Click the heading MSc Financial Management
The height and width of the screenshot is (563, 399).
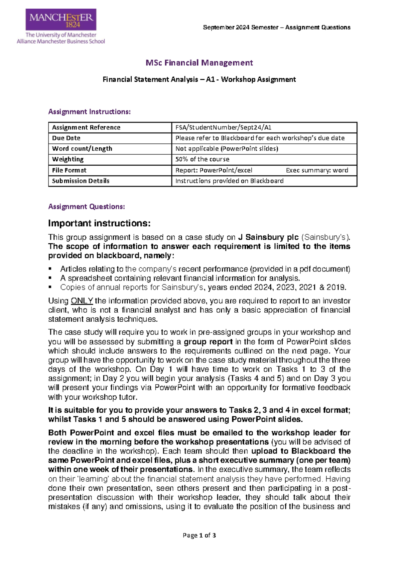click(x=199, y=63)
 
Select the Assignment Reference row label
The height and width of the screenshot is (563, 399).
click(x=86, y=127)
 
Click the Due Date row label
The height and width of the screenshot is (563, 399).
click(x=66, y=138)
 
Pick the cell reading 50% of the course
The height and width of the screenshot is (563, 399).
click(x=202, y=159)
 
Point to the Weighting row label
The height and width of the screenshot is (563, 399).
click(x=68, y=159)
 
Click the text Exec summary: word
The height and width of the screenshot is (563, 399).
click(x=317, y=170)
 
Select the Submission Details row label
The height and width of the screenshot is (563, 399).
click(x=80, y=181)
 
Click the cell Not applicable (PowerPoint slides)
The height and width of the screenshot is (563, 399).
click(x=227, y=149)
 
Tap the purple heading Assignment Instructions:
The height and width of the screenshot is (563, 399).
click(x=89, y=112)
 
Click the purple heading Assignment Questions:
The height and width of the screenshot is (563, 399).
click(x=86, y=207)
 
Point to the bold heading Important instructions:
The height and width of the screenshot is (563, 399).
click(x=99, y=223)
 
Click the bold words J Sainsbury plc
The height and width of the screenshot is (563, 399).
click(x=268, y=237)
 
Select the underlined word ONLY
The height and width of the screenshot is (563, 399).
click(x=82, y=301)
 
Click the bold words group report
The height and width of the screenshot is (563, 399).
click(x=208, y=342)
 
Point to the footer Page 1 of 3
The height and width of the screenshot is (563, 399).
click(x=199, y=535)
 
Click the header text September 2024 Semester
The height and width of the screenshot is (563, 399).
click(x=241, y=28)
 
